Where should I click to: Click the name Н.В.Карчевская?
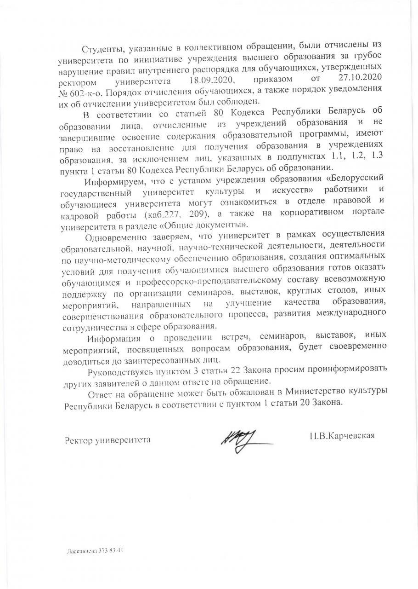[x=343, y=435]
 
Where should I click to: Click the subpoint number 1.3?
[x=377, y=156]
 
